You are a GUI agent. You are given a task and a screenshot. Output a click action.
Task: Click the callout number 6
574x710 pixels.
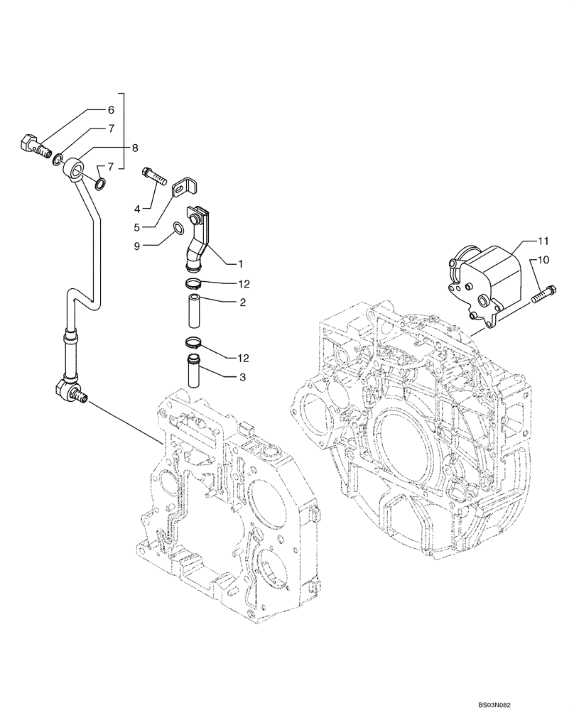click(x=111, y=110)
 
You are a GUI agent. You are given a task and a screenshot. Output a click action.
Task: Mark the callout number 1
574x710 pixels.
click(x=241, y=263)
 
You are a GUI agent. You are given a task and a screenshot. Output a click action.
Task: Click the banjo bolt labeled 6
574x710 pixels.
click(x=32, y=146)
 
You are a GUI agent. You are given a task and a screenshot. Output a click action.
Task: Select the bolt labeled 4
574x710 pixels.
click(x=154, y=175)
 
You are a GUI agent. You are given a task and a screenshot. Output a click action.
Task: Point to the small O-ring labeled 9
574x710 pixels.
click(x=180, y=229)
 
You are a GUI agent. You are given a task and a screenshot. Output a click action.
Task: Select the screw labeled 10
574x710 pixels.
click(x=544, y=293)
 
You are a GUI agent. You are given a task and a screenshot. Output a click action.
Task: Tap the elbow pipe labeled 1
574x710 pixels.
click(x=198, y=239)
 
